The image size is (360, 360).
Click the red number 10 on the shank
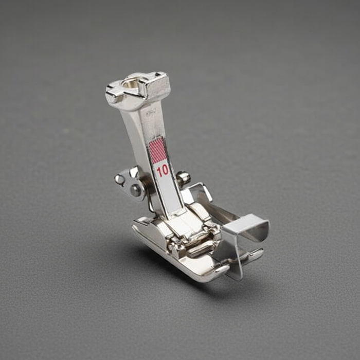coord(163,171)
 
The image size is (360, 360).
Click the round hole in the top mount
coord(131,83)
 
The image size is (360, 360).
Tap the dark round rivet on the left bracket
coord(135,190)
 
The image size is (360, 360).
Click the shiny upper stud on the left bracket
coord(119,179)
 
